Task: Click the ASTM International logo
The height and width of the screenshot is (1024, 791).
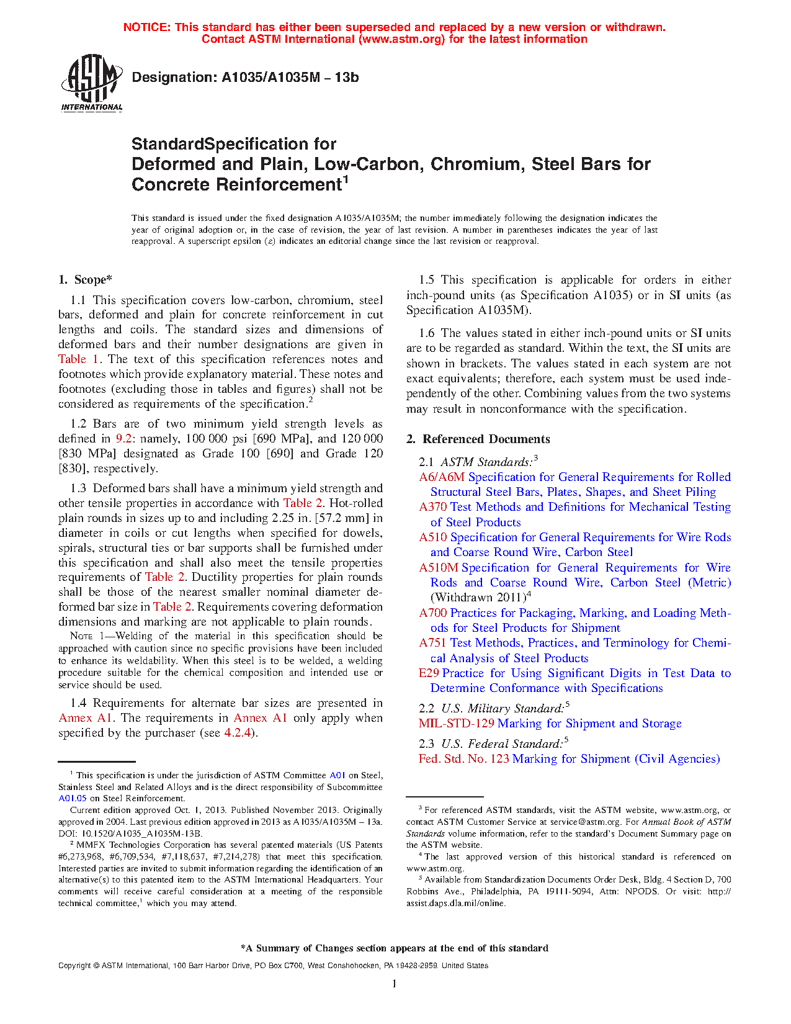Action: (91, 83)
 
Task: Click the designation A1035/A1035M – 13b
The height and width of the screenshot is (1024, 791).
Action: (245, 78)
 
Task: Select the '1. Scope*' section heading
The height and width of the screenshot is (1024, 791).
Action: (86, 280)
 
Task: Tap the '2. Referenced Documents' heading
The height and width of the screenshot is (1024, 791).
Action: (478, 439)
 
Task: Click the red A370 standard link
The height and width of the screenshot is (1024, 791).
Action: (432, 507)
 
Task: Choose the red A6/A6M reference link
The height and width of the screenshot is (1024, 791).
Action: (441, 477)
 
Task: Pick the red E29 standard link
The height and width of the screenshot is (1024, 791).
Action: (429, 673)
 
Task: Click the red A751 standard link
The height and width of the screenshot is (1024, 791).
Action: (432, 643)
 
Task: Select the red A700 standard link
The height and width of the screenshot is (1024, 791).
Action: (432, 613)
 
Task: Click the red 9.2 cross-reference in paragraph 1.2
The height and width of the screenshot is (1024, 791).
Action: (123, 439)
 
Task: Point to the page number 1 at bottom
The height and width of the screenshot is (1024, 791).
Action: (395, 983)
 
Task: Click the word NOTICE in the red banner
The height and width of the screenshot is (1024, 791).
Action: (146, 27)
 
